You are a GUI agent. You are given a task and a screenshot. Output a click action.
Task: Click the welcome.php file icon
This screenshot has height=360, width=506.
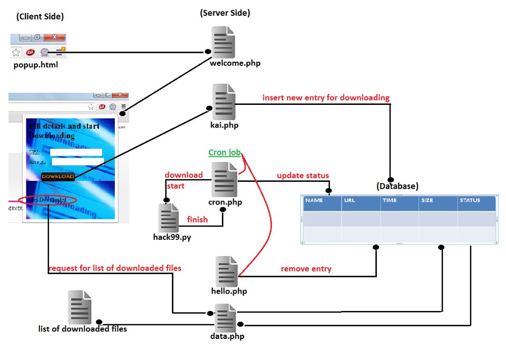pyautogui.click(x=222, y=41)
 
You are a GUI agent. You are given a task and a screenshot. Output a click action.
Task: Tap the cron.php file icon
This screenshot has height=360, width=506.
pyautogui.click(x=223, y=180)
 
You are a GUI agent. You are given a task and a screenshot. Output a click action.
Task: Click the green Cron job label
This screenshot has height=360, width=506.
pyautogui.click(x=225, y=152)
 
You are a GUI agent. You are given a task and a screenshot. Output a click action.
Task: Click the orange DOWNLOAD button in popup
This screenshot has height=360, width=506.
pyautogui.click(x=58, y=176)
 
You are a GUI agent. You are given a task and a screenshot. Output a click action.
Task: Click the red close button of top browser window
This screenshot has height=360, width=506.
pyautogui.click(x=54, y=37)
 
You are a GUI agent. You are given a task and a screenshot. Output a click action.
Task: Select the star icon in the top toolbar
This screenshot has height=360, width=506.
pyautogui.click(x=16, y=52)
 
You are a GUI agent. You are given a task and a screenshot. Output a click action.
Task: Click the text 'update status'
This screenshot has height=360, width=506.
pyautogui.click(x=303, y=175)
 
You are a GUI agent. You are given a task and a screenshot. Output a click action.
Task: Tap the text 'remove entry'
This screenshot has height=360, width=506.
pyautogui.click(x=306, y=269)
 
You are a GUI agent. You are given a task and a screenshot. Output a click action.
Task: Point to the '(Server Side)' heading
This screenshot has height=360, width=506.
pyautogui.click(x=225, y=13)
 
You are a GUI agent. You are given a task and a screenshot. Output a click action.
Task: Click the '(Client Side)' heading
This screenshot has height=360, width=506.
pyautogui.click(x=40, y=17)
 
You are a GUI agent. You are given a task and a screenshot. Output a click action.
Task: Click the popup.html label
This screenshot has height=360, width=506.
pyautogui.click(x=36, y=65)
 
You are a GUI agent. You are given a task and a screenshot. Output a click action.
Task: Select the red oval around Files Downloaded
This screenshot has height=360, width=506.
pyautogui.click(x=47, y=200)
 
